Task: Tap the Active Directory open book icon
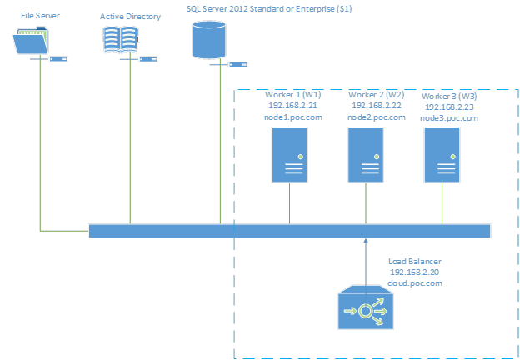tap(120, 40)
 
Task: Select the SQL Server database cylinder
tap(208, 40)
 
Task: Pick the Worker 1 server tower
tap(289, 154)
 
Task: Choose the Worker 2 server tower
tap(366, 154)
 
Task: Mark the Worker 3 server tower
tap(442, 154)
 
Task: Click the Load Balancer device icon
tap(366, 310)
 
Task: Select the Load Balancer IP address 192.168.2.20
tap(415, 272)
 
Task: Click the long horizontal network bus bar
tap(289, 231)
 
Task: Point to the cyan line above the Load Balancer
tap(366, 262)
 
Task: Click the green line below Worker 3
tap(442, 202)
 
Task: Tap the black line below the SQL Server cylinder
tap(221, 142)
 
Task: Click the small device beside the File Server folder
tap(58, 59)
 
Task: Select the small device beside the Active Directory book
tap(148, 59)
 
